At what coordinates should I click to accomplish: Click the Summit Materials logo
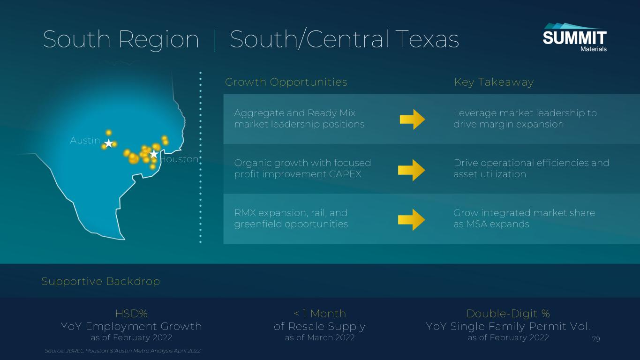click(x=574, y=37)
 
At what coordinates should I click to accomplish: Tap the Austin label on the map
click(x=85, y=140)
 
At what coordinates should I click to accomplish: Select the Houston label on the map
click(x=180, y=159)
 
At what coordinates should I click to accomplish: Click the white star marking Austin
click(x=109, y=143)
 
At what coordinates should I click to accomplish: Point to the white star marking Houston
click(x=154, y=154)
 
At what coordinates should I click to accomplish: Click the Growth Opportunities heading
click(x=286, y=82)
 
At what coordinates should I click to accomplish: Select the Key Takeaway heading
click(x=494, y=82)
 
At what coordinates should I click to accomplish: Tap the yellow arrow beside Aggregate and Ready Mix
click(x=412, y=120)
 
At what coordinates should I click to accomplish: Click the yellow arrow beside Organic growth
click(x=412, y=170)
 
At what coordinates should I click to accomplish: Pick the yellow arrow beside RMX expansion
click(x=412, y=220)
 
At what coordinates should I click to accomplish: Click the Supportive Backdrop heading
click(x=100, y=281)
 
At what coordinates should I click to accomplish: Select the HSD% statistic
click(x=131, y=314)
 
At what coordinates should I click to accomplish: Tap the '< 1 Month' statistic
click(x=320, y=314)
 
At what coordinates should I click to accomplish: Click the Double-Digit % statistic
click(x=508, y=314)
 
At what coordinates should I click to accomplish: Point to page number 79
click(x=596, y=339)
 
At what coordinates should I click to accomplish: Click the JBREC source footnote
click(x=122, y=351)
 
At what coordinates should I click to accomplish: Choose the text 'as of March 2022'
click(x=320, y=337)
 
